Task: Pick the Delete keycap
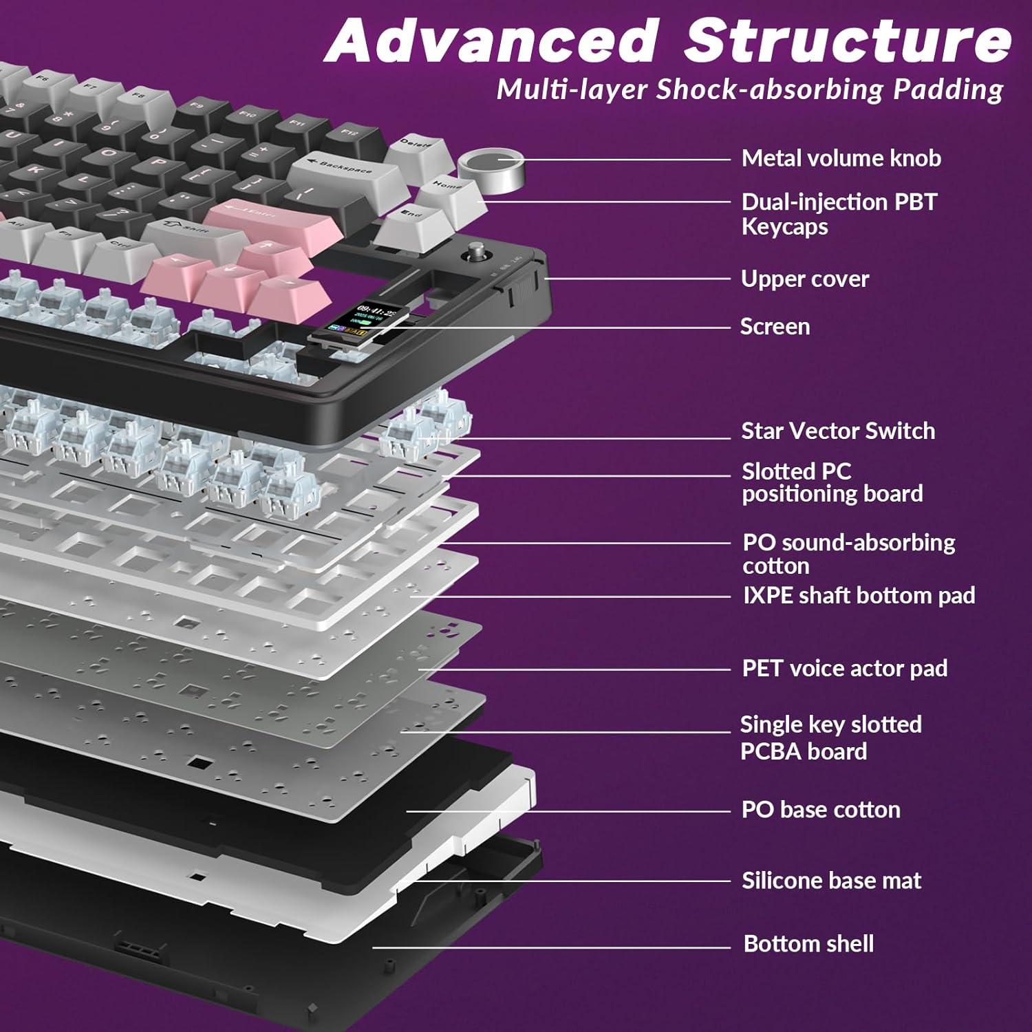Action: coord(416,147)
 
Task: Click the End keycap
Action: coord(413,216)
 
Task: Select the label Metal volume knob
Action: coord(841,158)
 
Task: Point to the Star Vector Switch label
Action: coord(838,431)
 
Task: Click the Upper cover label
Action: coord(805,279)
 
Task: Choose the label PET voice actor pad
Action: coord(844,668)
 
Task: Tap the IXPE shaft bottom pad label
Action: coord(859,595)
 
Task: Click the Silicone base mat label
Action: coord(831,880)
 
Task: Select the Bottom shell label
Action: coord(808,943)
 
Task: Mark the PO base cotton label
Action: coord(821,809)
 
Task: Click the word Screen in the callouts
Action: coord(775,326)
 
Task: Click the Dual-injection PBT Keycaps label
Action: coord(839,214)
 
